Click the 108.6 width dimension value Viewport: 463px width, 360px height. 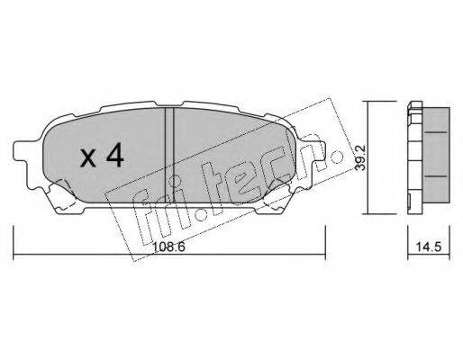168,247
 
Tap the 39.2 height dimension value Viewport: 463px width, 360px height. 359,157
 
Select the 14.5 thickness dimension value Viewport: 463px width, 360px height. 429,247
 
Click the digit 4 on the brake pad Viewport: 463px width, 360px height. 115,155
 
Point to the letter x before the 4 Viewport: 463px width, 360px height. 88,158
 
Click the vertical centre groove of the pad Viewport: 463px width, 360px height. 169,155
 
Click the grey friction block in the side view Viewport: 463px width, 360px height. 436,154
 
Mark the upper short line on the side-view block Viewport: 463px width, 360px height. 436,132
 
